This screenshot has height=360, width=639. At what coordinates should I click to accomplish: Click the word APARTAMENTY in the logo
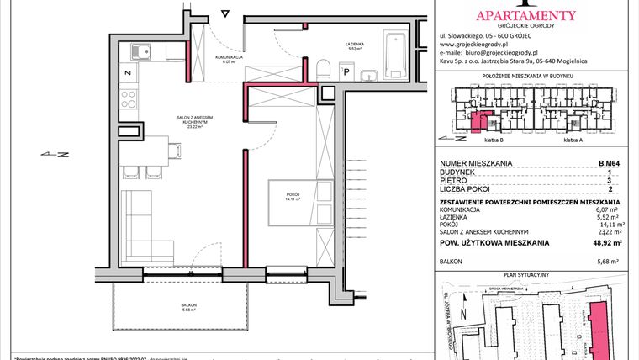(x=525, y=14)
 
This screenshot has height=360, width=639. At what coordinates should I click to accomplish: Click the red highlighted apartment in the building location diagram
(x=478, y=123)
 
